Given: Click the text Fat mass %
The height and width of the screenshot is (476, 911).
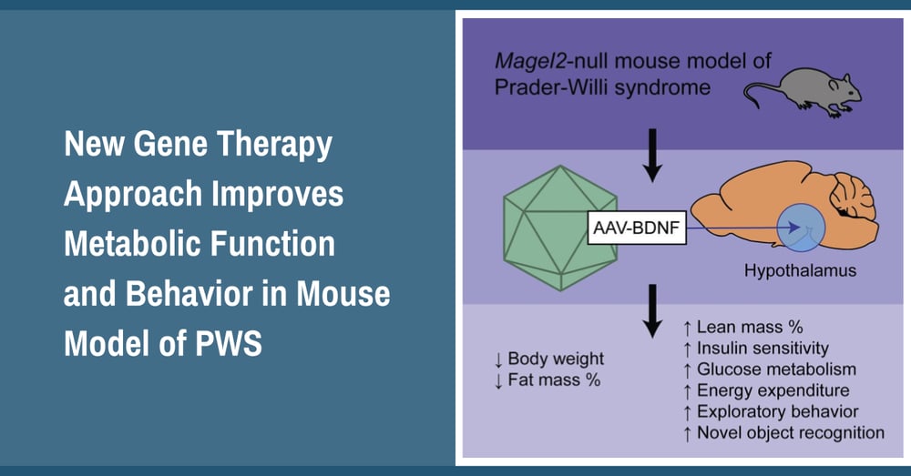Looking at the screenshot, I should [555, 380].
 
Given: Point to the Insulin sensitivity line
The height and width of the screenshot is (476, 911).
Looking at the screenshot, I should [755, 348].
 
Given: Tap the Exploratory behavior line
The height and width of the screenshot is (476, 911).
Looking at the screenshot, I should [770, 412].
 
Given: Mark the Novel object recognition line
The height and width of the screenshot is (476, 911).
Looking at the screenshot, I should [783, 433].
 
